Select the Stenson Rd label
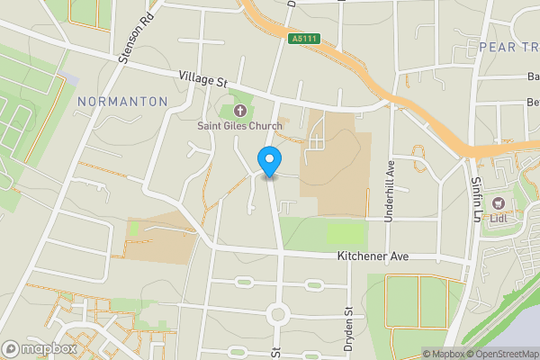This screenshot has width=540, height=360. [x=139, y=40]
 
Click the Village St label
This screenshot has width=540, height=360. [x=202, y=80]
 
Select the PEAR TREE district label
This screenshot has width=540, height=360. [x=508, y=46]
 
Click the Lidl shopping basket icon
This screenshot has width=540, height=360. [x=497, y=203]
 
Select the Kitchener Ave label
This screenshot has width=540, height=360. [x=373, y=256]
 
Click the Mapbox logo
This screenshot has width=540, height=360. [x=39, y=348]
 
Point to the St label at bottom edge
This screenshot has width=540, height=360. [x=275, y=354]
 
